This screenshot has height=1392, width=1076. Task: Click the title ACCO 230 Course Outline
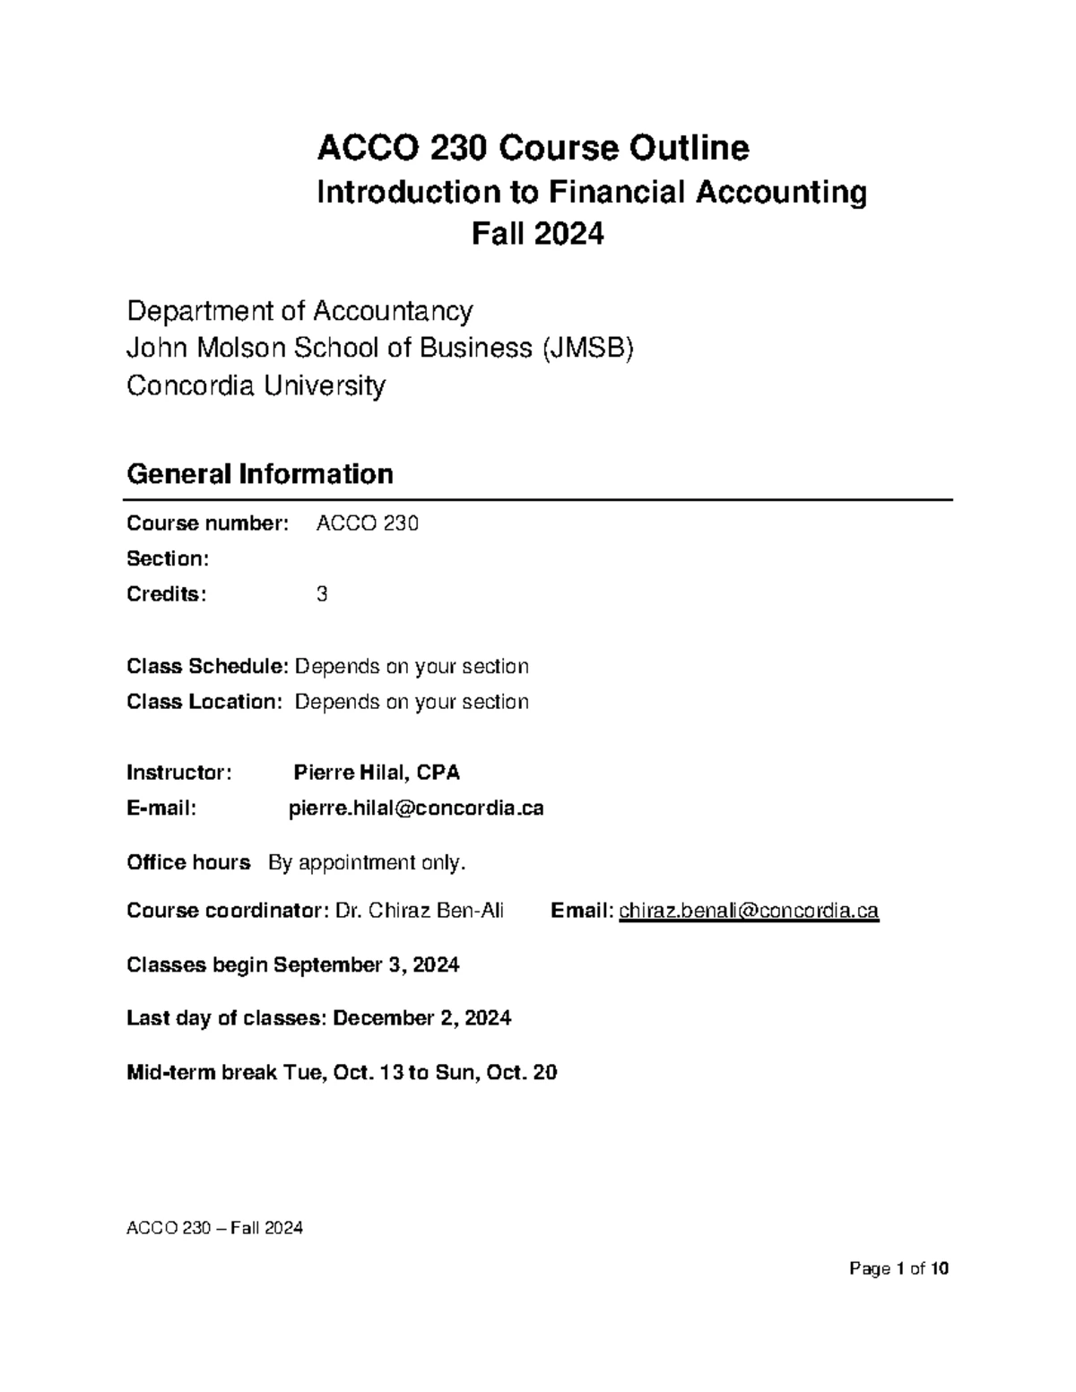click(x=534, y=148)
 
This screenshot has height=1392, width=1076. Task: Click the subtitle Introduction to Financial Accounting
click(x=592, y=192)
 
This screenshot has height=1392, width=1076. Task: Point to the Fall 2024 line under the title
click(x=537, y=234)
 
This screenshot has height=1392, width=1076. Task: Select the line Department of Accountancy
click(x=299, y=311)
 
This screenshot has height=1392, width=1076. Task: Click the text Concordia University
click(x=256, y=385)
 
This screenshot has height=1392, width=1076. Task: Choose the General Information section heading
click(x=260, y=473)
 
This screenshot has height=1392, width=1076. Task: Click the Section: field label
click(x=168, y=558)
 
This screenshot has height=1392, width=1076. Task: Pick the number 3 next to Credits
click(x=322, y=594)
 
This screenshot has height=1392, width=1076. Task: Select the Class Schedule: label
click(x=208, y=666)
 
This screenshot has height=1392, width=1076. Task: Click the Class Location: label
click(x=204, y=702)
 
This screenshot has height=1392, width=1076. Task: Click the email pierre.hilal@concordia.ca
click(x=416, y=808)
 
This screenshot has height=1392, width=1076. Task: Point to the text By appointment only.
click(x=368, y=863)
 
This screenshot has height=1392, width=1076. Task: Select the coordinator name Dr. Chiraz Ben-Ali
click(x=419, y=912)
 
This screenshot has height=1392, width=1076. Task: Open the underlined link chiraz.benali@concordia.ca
click(x=749, y=912)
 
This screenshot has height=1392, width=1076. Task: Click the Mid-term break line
click(x=342, y=1072)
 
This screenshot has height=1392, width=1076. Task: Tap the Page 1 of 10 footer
click(x=898, y=1269)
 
